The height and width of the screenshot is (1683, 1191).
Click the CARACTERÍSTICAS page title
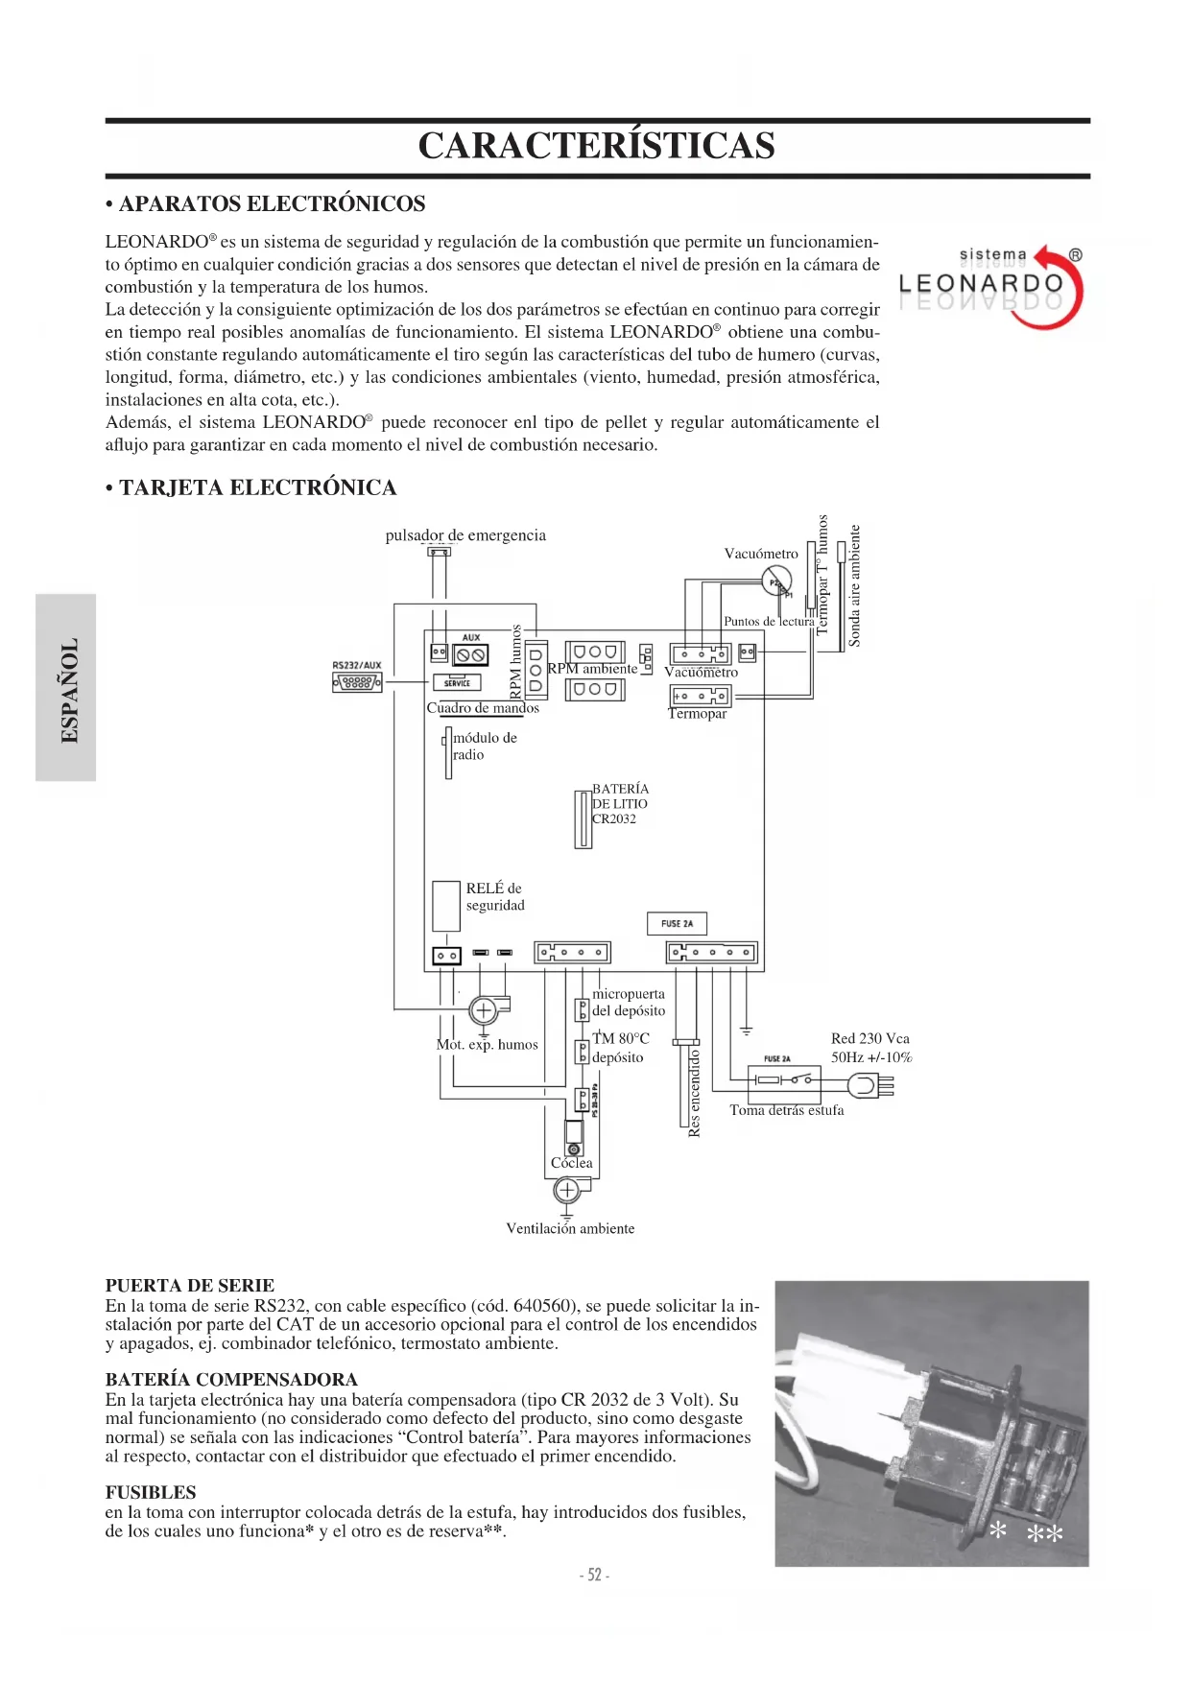point(596,146)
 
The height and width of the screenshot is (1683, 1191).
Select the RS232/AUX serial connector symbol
point(357,682)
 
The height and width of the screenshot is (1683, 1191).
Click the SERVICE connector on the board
point(457,682)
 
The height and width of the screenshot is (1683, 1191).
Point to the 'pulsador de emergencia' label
point(465,535)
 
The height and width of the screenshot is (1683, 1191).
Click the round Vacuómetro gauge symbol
point(775,581)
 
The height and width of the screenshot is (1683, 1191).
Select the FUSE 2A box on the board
point(677,923)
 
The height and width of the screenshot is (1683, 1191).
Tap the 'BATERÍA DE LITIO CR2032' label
point(620,803)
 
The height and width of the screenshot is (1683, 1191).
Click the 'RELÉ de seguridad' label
point(495,896)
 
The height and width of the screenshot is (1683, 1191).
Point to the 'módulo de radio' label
point(484,746)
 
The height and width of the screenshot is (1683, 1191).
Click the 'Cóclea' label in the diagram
point(572,1163)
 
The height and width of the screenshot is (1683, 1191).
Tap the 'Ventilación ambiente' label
point(570,1228)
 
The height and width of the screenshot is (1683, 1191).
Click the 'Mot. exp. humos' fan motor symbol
point(484,1009)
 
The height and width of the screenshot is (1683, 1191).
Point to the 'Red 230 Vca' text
point(869,1038)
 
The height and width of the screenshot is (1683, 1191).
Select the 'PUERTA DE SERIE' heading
point(190,1285)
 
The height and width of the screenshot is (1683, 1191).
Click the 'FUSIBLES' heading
point(151,1492)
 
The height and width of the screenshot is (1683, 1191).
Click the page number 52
point(595,1575)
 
